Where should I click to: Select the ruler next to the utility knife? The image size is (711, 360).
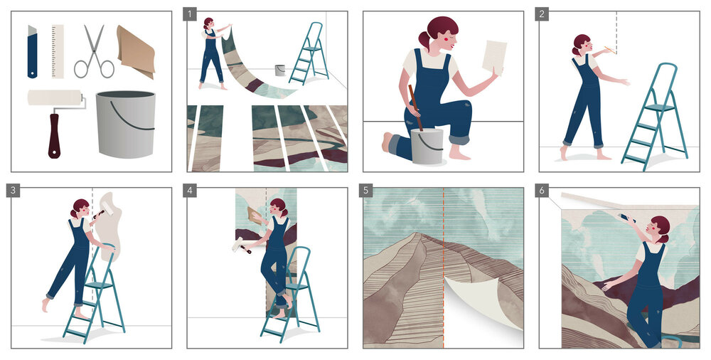point(58,51)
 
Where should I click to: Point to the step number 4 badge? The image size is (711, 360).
point(190,191)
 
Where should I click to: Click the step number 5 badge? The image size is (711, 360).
point(366,191)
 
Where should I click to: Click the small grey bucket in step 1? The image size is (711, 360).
point(280,70)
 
